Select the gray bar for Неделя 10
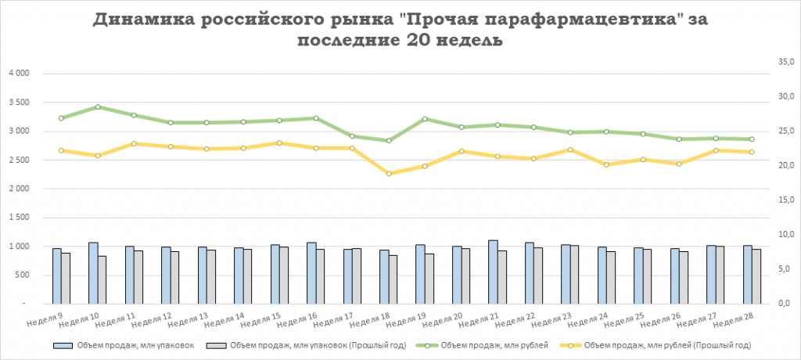coord(102,279)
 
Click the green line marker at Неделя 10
coord(97,106)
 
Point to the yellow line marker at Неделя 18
coord(388,174)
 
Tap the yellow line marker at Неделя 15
coord(279,143)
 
